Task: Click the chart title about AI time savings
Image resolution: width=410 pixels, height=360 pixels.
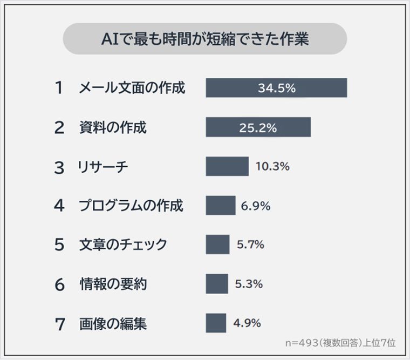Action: click(205, 39)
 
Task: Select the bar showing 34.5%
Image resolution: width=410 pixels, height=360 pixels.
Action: click(276, 88)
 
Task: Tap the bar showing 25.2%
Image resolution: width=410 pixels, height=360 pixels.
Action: click(258, 127)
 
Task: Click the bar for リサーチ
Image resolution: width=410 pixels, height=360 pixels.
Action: click(227, 166)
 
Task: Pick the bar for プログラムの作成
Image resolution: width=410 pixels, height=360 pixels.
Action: click(221, 206)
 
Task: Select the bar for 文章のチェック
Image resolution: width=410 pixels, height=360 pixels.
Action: click(217, 244)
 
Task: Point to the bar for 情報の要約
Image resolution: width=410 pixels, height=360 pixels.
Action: click(217, 284)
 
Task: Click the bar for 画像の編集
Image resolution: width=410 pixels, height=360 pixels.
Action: click(216, 323)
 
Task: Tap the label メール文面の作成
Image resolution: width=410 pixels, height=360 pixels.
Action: click(132, 88)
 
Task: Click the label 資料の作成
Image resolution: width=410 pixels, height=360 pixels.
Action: click(113, 127)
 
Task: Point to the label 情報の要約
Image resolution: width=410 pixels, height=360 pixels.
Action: click(113, 284)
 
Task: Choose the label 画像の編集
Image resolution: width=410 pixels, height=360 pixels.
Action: click(113, 324)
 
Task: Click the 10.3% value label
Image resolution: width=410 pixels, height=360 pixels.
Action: click(272, 166)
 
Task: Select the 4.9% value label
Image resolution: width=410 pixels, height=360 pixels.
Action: click(247, 323)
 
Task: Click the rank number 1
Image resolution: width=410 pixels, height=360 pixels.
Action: click(59, 88)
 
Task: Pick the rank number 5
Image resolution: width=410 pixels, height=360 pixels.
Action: click(59, 245)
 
